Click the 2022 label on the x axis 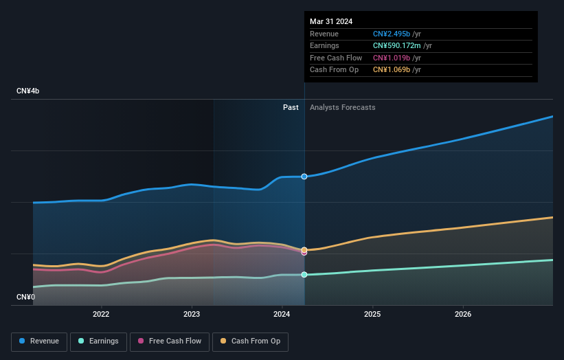pos(101,315)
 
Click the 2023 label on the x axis pos(192,315)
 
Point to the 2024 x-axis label pos(282,315)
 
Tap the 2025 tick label pos(372,315)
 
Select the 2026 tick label pos(463,315)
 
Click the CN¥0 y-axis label pos(25,297)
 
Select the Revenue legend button pos(39,341)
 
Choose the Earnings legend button pos(98,341)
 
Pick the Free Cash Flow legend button pos(169,341)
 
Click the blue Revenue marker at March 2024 pos(304,177)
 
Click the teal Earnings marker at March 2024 pos(304,274)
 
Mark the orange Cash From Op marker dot pos(304,250)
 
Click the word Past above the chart pos(291,107)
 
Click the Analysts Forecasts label pos(343,107)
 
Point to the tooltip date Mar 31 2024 pos(331,21)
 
